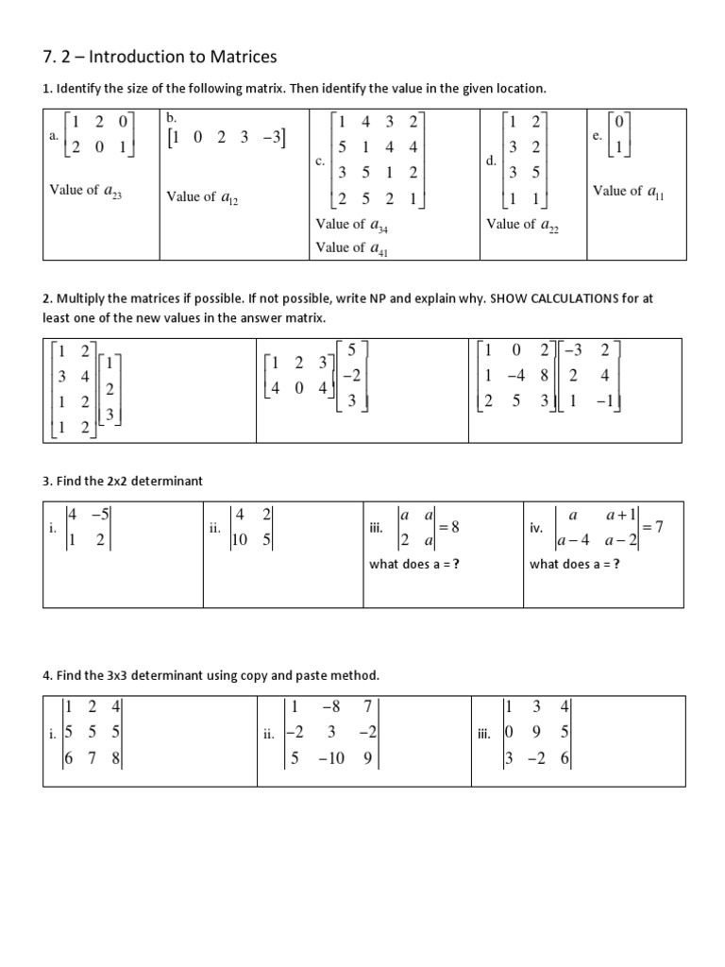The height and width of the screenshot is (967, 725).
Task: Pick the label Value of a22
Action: coord(522,225)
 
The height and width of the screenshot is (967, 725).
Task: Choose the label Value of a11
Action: coord(628,192)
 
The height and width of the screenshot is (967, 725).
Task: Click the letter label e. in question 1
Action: coord(597,136)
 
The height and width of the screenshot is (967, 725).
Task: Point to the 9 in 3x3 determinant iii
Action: coord(535,732)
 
